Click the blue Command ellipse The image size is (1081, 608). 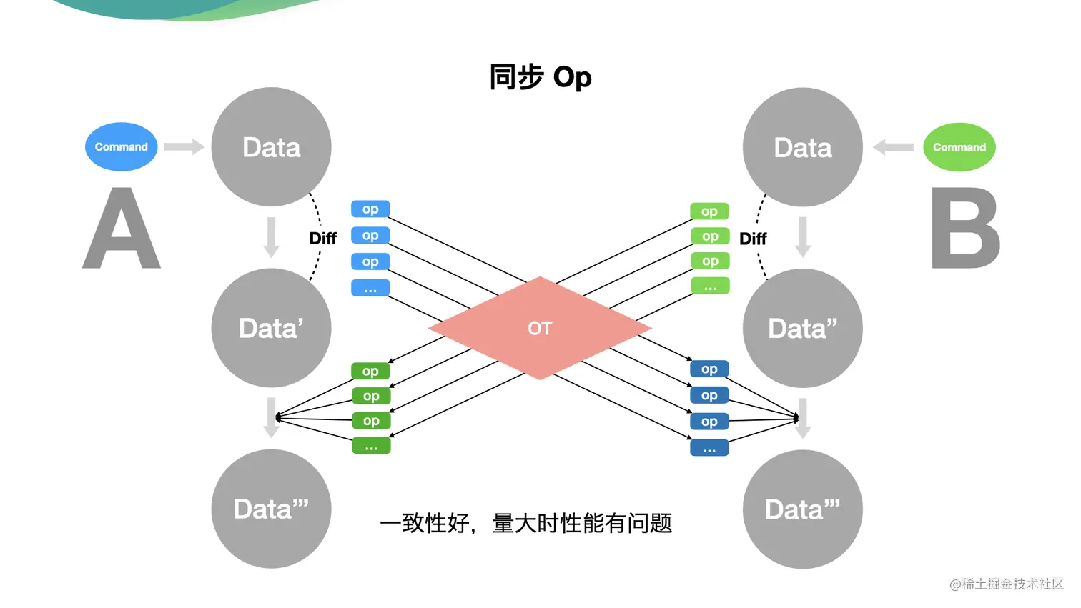pos(121,146)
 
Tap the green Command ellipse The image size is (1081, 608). pos(959,147)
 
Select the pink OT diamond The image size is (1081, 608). pos(540,328)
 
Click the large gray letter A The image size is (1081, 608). pos(122,229)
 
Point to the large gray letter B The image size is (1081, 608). pos(965,229)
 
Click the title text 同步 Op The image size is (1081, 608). pos(540,77)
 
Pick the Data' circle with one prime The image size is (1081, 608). pos(271,328)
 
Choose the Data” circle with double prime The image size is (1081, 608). pos(802,328)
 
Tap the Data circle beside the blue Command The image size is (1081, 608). pos(271,147)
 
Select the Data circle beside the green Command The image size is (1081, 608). pos(802,147)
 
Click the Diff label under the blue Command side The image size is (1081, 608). pos(322,239)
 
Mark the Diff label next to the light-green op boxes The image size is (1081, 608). pos(753,239)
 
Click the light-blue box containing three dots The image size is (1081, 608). pos(370,288)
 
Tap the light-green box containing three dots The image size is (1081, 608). pos(710,286)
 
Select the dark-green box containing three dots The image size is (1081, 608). pos(371,446)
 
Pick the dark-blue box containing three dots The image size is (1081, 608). pos(709,448)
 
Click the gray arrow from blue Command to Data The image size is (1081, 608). pos(184,147)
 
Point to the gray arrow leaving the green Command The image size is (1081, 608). pos(894,147)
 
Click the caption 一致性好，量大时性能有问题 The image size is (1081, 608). pos(525,523)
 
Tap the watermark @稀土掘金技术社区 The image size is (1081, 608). pos(1006,584)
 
